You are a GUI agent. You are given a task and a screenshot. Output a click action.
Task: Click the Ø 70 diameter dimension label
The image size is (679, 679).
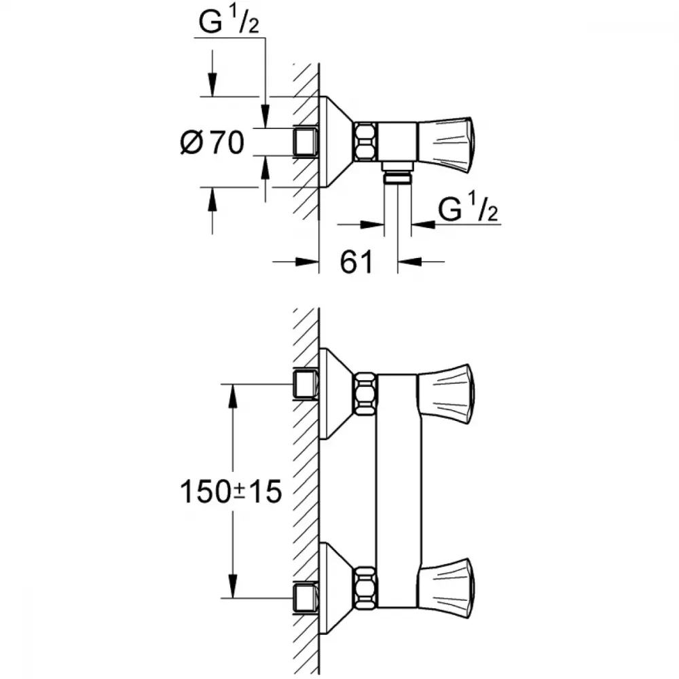pos(212,143)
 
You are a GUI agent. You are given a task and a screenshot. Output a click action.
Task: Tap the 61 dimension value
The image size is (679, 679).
pos(356,261)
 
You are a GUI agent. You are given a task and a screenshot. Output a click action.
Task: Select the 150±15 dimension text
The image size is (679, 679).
pos(231,492)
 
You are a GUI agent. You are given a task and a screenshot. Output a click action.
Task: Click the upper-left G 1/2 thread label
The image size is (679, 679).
pos(229,22)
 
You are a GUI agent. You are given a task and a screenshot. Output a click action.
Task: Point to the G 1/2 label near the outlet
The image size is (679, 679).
pos(468,208)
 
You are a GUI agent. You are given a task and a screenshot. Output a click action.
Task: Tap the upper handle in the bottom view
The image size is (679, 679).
pos(446,394)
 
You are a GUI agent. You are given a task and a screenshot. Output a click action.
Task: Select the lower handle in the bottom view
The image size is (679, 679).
pos(446,587)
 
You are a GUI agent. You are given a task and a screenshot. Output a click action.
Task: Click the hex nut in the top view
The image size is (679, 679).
pos(365,142)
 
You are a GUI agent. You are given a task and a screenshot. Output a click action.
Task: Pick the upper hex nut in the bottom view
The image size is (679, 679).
pos(366,394)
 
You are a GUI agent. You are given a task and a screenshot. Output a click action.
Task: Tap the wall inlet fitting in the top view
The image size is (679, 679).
pos(306,142)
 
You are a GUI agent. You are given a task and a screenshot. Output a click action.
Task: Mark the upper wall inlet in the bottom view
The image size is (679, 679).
pos(306,384)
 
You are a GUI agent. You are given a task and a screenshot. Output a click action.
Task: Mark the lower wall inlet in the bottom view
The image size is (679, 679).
pos(306,599)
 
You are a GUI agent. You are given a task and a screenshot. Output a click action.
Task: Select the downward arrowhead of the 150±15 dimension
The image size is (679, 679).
pos(233,587)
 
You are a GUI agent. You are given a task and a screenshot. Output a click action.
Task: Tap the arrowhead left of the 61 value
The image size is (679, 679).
pos(307,261)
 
